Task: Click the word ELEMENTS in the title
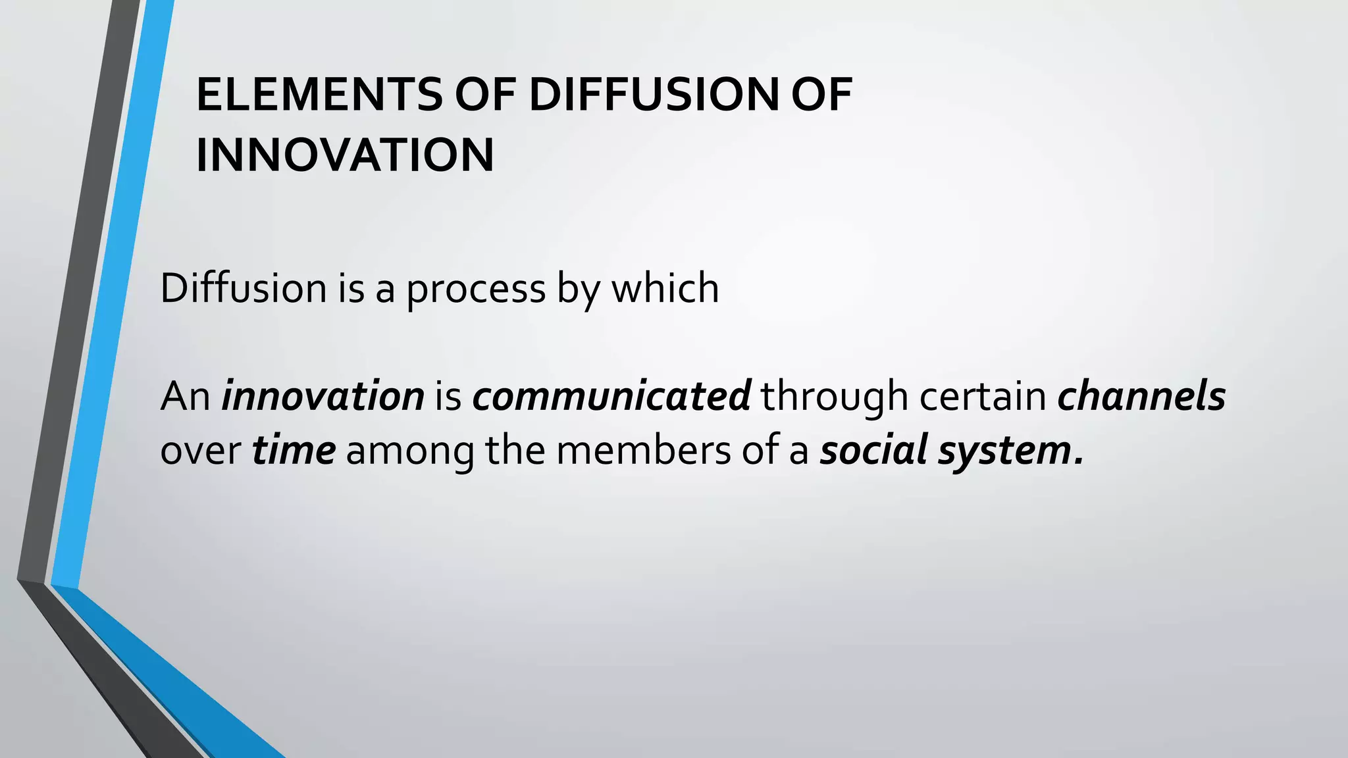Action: [319, 95]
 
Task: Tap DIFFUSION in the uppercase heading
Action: [654, 95]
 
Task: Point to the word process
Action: [476, 289]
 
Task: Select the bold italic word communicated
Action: [611, 396]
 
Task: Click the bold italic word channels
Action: [1141, 396]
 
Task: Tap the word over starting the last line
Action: [200, 452]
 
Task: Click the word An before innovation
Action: [185, 396]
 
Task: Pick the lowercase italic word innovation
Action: [323, 396]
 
